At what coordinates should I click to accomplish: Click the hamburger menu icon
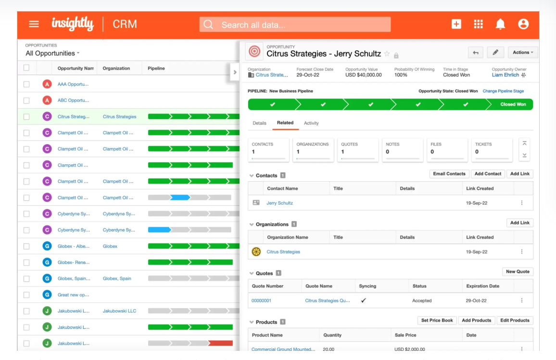click(x=34, y=24)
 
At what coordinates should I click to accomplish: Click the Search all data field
click(x=295, y=25)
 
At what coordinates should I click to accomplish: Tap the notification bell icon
click(x=500, y=24)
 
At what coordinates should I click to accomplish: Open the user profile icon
click(x=523, y=24)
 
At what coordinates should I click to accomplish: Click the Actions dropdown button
click(x=523, y=52)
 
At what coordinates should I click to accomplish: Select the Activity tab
click(x=311, y=123)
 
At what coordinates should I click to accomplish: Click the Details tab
click(x=259, y=123)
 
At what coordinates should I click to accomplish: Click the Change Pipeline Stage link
click(x=503, y=91)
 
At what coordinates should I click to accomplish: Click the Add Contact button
click(x=488, y=174)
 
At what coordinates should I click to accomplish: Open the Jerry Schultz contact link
click(x=279, y=203)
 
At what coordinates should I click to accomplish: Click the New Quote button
click(x=518, y=272)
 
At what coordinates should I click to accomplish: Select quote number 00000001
click(x=261, y=300)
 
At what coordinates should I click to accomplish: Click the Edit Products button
click(x=515, y=320)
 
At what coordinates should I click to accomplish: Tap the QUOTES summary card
click(x=357, y=149)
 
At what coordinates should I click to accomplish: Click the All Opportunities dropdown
click(x=52, y=53)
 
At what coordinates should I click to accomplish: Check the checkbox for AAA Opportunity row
click(x=26, y=84)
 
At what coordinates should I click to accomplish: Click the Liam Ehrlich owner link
click(x=505, y=75)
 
